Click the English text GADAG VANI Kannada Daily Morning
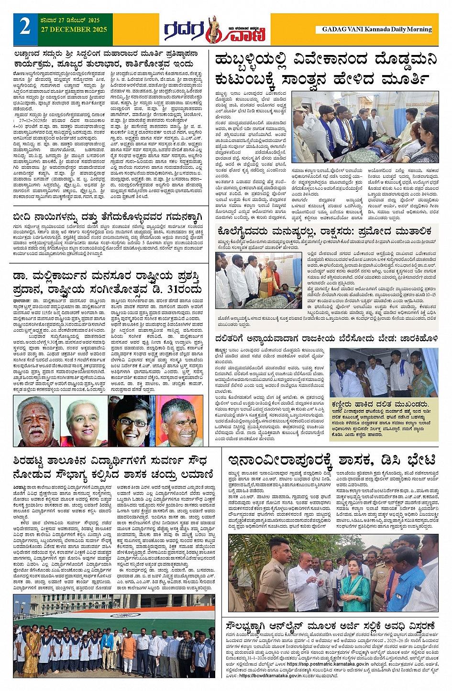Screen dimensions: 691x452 pos(377,29)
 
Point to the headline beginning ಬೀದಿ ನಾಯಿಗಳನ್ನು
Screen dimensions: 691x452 pos(108,218)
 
